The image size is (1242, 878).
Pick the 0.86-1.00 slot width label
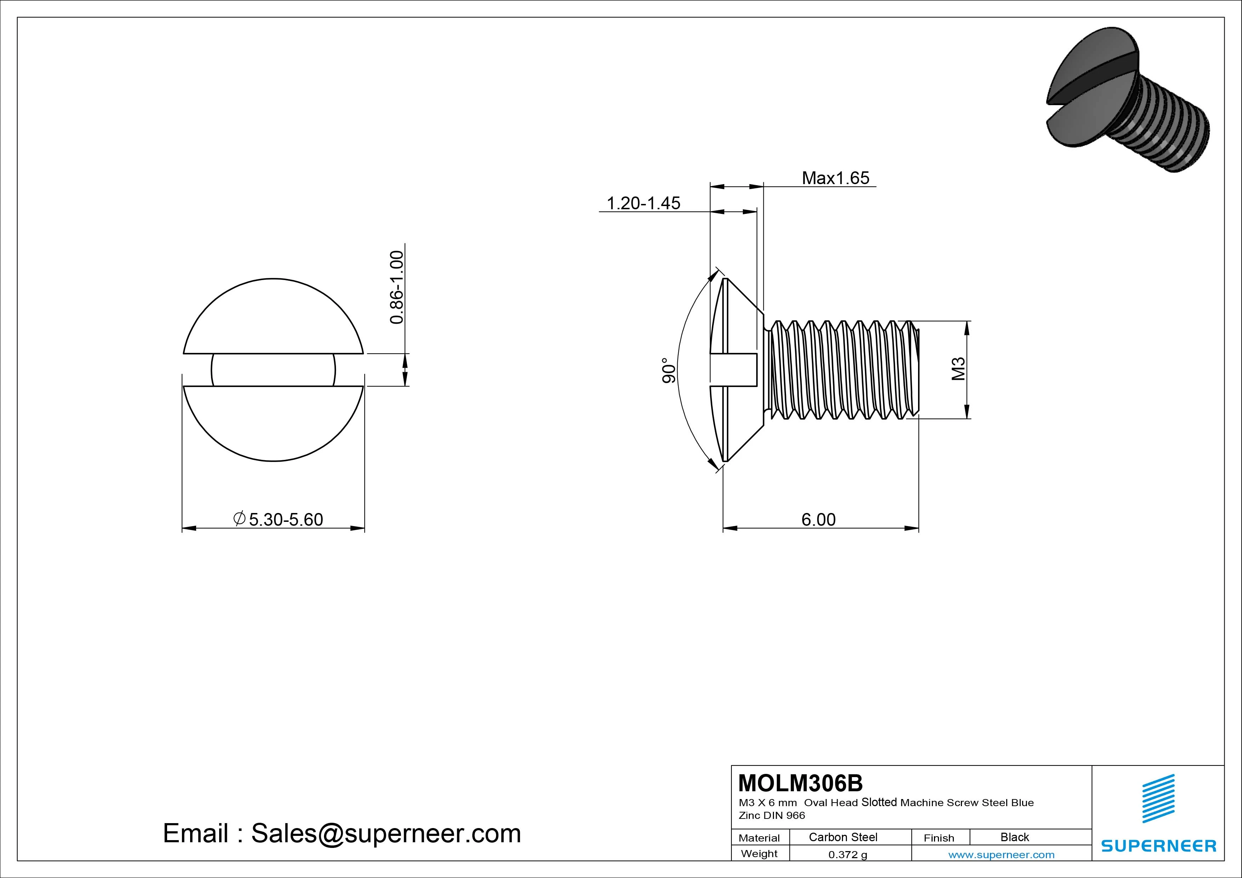pyautogui.click(x=397, y=287)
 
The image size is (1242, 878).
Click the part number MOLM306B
pyautogui.click(x=800, y=783)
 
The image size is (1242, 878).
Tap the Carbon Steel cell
pyautogui.click(x=843, y=837)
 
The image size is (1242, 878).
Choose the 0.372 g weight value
pyautogui.click(x=847, y=855)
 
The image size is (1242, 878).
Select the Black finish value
pyautogui.click(x=1014, y=837)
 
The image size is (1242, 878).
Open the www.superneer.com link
pyautogui.click(x=1001, y=855)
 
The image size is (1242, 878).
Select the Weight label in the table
pyautogui.click(x=759, y=854)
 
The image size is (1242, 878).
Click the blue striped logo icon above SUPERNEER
pyautogui.click(x=1158, y=798)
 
